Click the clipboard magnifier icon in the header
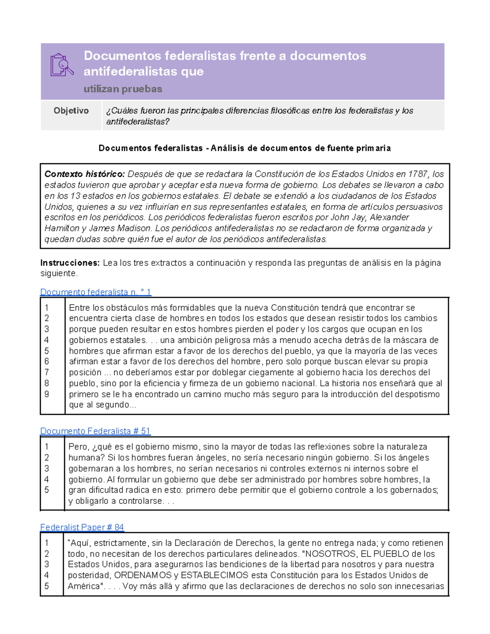(x=62, y=65)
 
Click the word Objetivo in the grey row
(x=71, y=111)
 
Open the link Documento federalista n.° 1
(x=96, y=292)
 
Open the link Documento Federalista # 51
(x=95, y=431)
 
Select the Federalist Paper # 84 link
(x=82, y=527)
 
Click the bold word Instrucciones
(x=70, y=263)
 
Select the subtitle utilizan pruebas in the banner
(x=123, y=89)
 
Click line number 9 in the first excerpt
(x=47, y=394)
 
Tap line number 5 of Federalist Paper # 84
(x=47, y=586)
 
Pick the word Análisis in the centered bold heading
(x=228, y=148)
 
